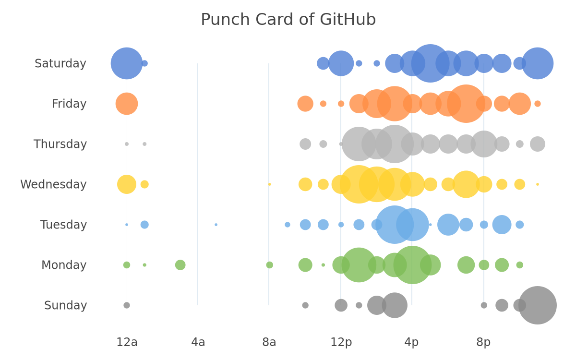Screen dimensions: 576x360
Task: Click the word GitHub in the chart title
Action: click(x=348, y=20)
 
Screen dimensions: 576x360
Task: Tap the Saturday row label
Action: click(x=60, y=63)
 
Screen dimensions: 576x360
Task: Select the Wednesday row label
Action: click(x=53, y=184)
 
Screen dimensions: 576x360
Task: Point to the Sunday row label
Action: click(x=66, y=305)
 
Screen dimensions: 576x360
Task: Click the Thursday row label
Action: click(x=60, y=144)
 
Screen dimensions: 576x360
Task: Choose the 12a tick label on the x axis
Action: click(x=127, y=342)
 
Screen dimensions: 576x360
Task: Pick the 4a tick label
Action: click(x=198, y=342)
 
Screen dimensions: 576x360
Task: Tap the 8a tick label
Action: click(x=269, y=342)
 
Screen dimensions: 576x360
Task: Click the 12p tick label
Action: click(x=341, y=342)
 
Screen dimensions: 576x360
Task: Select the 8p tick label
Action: click(x=483, y=342)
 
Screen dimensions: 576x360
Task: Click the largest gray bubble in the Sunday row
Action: click(x=538, y=305)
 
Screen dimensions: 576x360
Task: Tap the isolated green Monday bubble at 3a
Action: click(x=180, y=265)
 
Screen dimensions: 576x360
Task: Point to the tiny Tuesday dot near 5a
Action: click(x=216, y=225)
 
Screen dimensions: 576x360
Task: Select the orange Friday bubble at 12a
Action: click(x=127, y=104)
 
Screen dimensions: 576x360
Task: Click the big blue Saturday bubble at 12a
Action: click(x=127, y=63)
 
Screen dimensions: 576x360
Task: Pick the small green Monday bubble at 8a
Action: click(x=269, y=265)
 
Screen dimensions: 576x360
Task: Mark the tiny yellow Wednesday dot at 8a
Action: click(x=269, y=184)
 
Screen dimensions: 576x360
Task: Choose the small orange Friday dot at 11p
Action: click(x=538, y=104)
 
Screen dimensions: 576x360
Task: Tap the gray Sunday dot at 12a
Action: click(x=127, y=305)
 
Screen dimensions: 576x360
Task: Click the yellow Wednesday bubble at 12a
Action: click(x=127, y=184)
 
